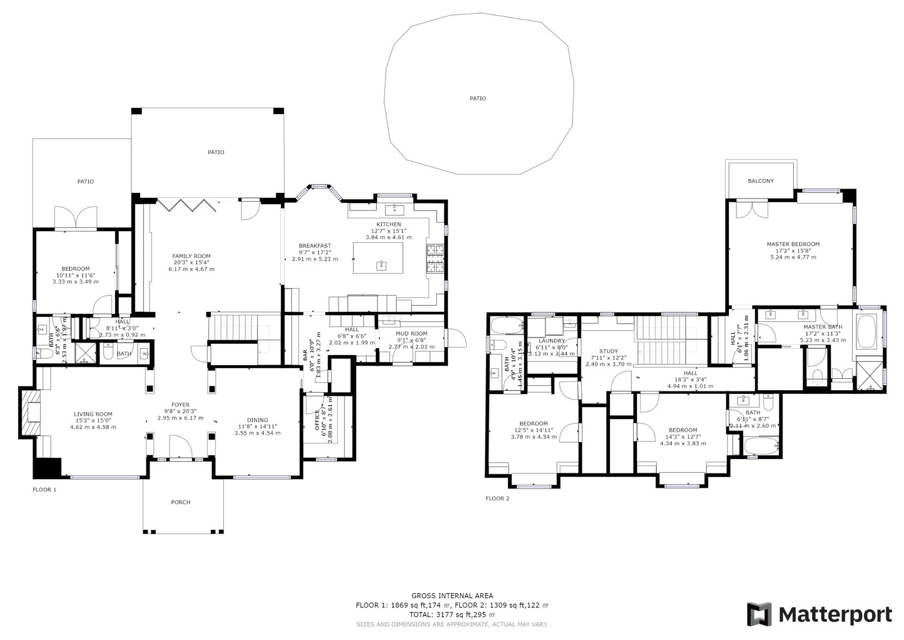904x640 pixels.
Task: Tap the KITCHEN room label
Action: click(389, 224)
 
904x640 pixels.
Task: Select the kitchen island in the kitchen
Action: click(380, 257)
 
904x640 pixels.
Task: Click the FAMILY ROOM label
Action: click(191, 256)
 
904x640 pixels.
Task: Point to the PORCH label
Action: click(181, 502)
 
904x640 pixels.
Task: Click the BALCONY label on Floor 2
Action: click(761, 181)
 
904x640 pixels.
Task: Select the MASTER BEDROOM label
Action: click(793, 244)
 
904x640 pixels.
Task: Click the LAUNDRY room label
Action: click(551, 341)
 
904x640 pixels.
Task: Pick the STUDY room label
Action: click(608, 351)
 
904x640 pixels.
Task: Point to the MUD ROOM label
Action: click(412, 334)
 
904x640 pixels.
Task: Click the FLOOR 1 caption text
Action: click(44, 490)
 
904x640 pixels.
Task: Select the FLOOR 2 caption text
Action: click(497, 498)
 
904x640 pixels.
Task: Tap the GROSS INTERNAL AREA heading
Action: click(452, 596)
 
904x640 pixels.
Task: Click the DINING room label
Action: click(257, 420)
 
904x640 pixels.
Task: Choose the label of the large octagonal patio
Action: click(478, 98)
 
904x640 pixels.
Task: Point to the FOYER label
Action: click(181, 405)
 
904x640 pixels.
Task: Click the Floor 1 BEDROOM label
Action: click(76, 269)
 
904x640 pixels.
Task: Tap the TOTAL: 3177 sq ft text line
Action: click(452, 615)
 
